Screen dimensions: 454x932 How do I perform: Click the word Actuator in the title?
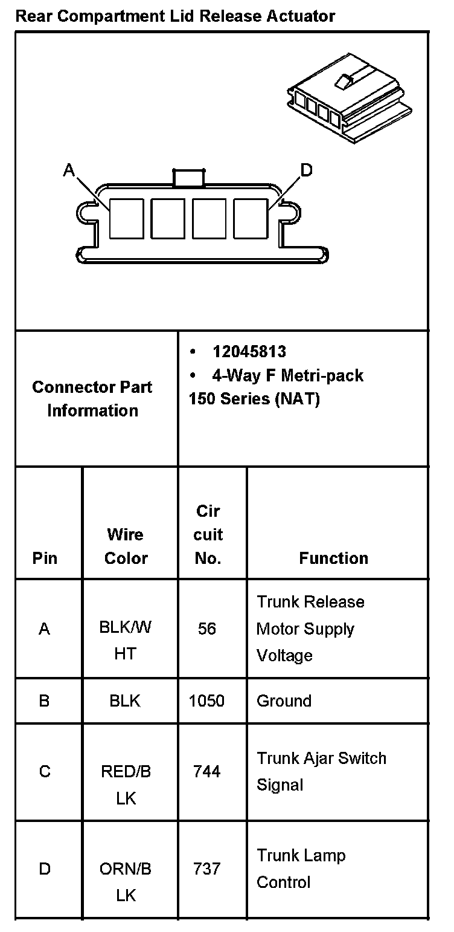[301, 16]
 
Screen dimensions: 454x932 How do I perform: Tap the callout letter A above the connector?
[69, 171]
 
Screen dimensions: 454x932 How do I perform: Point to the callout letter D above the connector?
[306, 170]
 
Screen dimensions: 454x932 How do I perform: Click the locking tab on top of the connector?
[188, 176]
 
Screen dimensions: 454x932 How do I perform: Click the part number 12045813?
[249, 352]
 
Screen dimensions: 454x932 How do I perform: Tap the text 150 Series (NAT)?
[254, 400]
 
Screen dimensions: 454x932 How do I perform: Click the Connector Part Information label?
[92, 399]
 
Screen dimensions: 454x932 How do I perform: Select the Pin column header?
[45, 558]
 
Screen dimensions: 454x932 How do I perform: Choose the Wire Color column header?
[126, 546]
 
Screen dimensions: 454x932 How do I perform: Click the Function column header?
[333, 558]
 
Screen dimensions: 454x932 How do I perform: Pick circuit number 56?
[207, 629]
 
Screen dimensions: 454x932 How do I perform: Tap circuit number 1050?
[206, 701]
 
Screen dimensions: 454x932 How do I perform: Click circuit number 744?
[207, 771]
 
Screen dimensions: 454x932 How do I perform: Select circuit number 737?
[207, 869]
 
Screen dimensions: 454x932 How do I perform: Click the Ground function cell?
[284, 701]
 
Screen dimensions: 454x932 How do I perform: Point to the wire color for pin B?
[125, 701]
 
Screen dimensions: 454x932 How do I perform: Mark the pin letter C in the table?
[45, 772]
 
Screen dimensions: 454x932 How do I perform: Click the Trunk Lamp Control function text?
[301, 869]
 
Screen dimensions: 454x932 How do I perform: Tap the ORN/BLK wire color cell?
[126, 881]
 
